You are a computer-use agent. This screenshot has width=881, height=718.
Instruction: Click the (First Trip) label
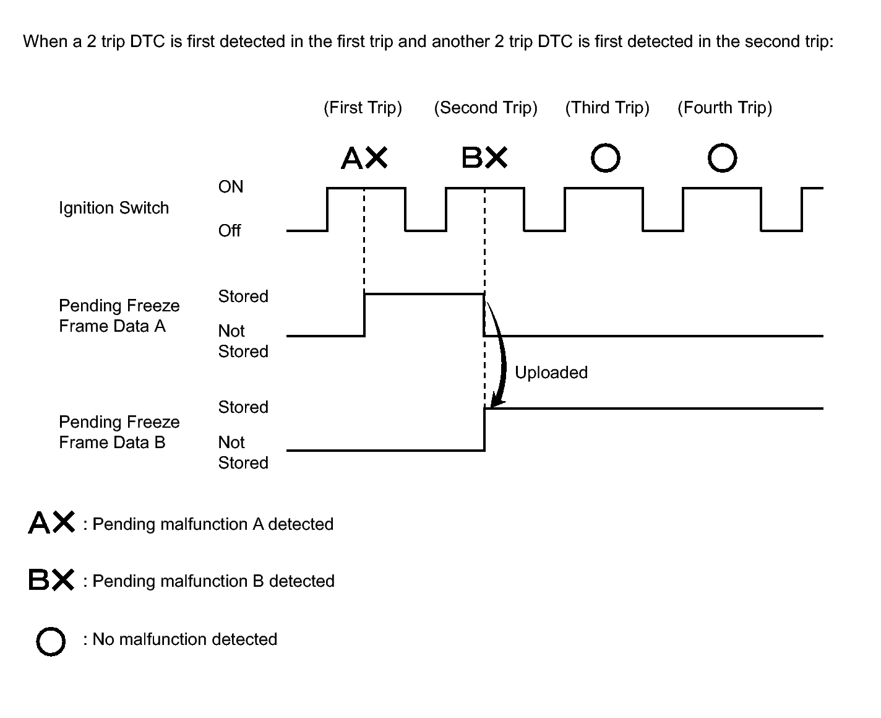tap(363, 108)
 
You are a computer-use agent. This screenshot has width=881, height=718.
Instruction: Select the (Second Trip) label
tap(485, 108)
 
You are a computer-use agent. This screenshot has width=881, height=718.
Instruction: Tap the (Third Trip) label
tap(607, 108)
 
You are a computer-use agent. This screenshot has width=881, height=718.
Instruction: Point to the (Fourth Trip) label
tap(724, 108)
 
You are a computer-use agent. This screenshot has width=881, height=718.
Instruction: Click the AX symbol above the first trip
tap(364, 158)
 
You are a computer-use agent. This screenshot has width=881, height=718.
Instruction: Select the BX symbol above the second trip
tap(484, 158)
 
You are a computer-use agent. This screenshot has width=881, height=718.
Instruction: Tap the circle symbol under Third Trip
tap(605, 158)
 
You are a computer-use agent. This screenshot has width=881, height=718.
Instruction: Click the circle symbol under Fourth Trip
tap(722, 158)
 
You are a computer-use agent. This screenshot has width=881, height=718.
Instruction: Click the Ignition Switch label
tap(114, 208)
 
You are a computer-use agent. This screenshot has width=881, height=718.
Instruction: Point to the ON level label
tap(230, 187)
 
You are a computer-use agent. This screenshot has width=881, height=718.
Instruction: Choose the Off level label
tap(229, 230)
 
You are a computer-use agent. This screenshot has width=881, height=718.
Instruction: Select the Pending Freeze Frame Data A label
tap(119, 316)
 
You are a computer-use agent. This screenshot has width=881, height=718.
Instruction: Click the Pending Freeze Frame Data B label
tap(119, 432)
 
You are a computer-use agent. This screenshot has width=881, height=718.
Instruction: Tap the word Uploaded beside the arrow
tap(551, 373)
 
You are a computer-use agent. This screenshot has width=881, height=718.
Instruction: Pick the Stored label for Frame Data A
tap(243, 296)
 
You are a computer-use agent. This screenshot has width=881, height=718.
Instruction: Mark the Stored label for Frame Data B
tap(243, 407)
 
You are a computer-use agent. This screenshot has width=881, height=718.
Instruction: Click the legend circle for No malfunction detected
tap(51, 641)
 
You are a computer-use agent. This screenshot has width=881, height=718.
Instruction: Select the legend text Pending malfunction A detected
tap(213, 524)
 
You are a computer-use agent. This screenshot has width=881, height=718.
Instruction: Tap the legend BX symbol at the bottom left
tap(51, 579)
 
